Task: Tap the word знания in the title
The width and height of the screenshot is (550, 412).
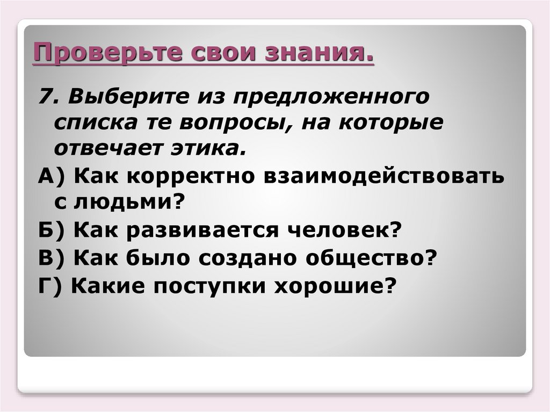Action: click(x=331, y=54)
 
